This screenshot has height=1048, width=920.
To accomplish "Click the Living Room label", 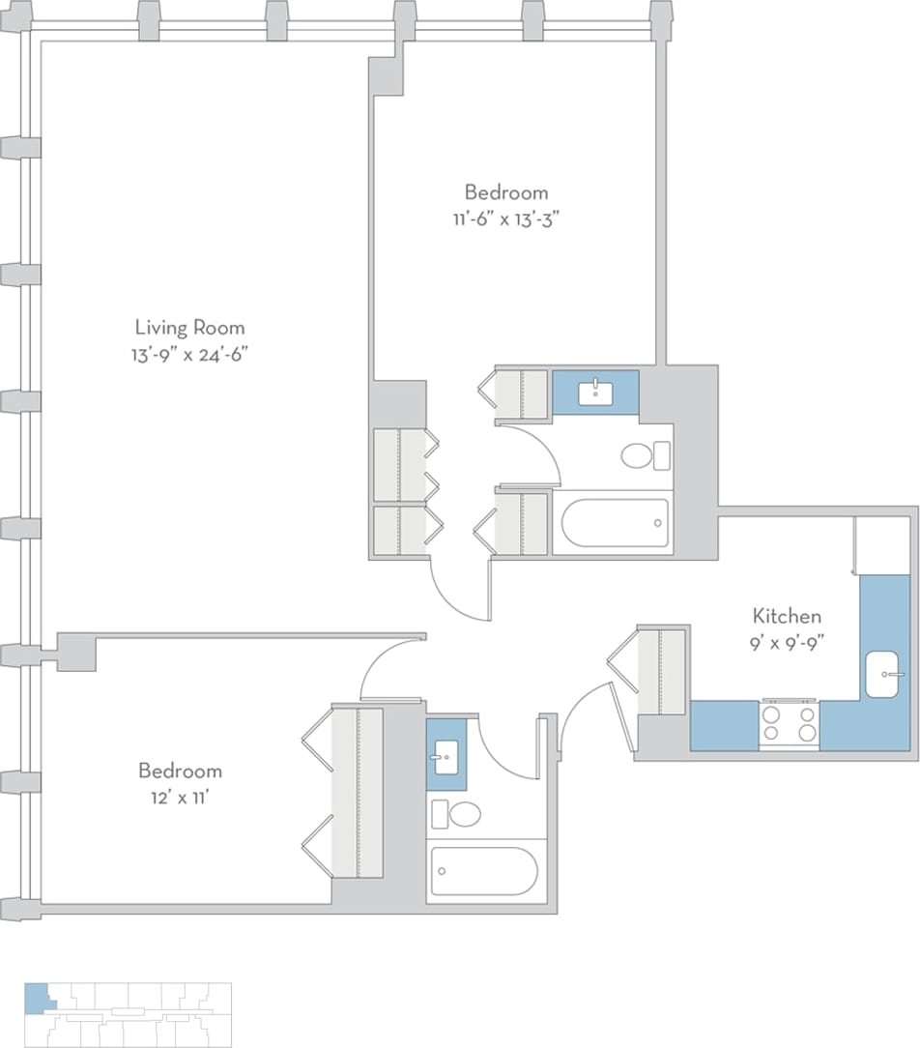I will pos(189,327).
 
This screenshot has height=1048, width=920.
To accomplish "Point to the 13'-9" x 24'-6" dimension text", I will pos(189,354).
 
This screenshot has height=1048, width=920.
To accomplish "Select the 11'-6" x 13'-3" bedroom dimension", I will pos(505,218).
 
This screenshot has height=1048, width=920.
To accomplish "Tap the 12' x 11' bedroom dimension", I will pos(180,798).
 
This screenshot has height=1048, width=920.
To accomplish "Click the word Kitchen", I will pos(787,615).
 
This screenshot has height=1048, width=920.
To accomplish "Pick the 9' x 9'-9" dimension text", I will pos(787,641).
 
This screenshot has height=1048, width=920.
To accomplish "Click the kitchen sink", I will pos(884,674).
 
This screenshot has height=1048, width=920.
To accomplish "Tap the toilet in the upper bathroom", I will pos(639,454).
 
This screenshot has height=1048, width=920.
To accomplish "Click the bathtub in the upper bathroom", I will pos(616,523).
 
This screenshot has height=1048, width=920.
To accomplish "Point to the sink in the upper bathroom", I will pos(594,393).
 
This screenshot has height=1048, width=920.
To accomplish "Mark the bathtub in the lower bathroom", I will pos(483,872).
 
